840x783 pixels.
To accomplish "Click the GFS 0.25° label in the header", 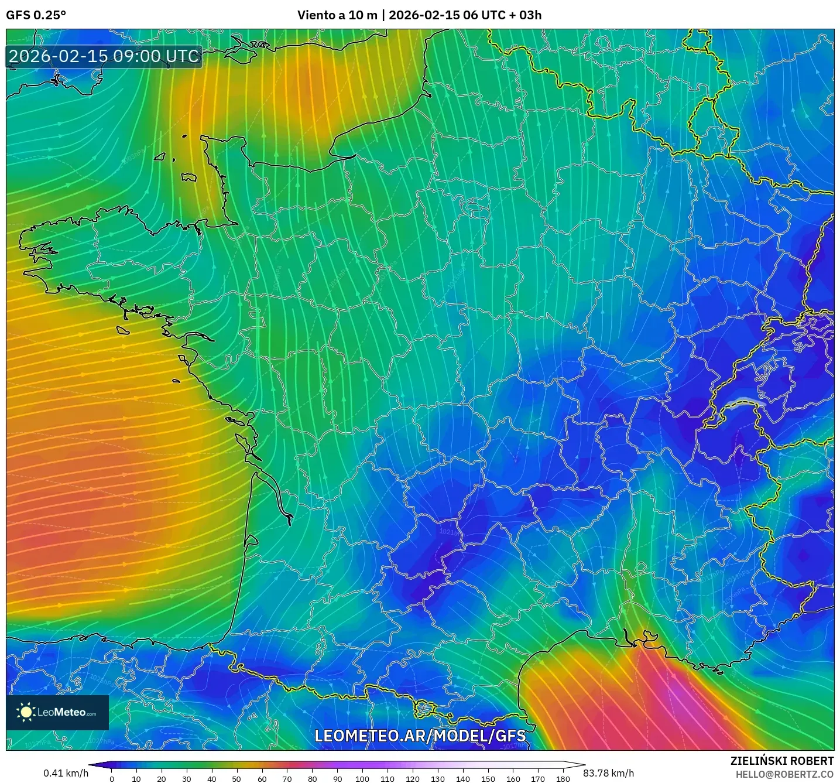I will pos(36,15).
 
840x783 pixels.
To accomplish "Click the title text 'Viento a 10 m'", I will pos(337,15).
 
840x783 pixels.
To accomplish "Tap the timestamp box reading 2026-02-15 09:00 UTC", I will pos(104,56).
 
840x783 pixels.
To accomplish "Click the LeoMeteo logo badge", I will pos(57,712).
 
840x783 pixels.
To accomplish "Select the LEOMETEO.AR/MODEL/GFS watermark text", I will pos(420,736).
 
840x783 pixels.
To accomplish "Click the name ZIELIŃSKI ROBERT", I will pos(781,761).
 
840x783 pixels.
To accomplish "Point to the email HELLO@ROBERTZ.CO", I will pos(784,774).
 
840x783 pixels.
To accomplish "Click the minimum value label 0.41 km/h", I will pos(66,773).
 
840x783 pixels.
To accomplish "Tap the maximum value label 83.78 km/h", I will pos(608,773).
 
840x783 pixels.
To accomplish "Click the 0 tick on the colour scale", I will pos(112,779).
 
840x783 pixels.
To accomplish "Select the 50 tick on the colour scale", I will pos(236,779).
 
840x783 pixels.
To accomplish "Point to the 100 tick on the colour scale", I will pos(362,779).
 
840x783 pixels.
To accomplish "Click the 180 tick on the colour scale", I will pos(563,779).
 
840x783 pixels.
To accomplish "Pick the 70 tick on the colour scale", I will pos(287,779).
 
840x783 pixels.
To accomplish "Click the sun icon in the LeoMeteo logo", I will pos(26,712).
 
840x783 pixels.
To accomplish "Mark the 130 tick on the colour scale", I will pos(437,779).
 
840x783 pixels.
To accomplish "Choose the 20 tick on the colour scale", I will pos(162,779).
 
